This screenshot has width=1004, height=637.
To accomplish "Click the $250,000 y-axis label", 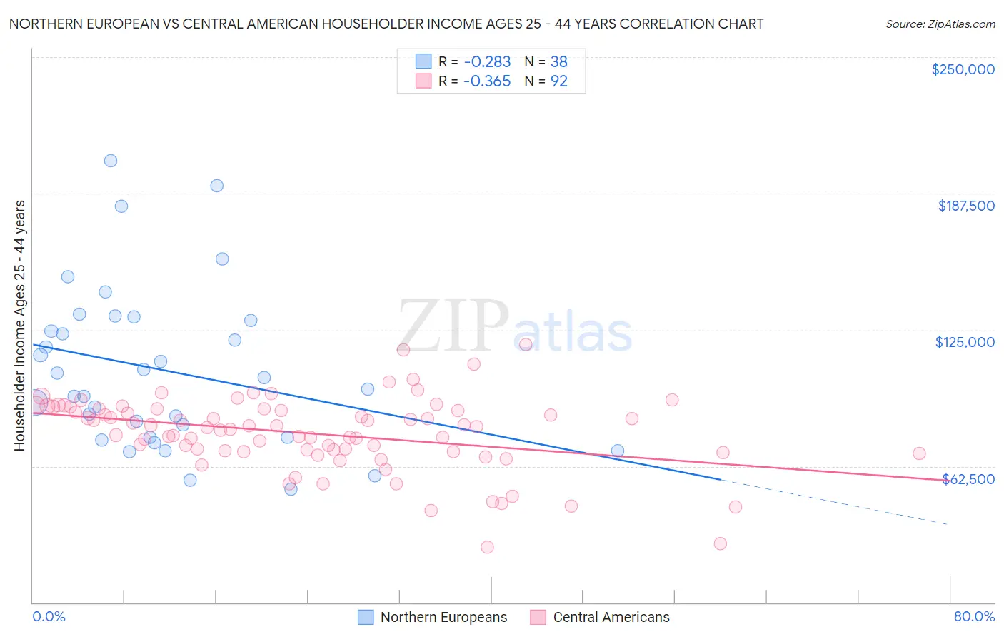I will pos(963,69).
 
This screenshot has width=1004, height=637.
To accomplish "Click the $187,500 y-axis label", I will pos(965,206).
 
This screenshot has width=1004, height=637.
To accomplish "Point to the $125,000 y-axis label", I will pos(965,342).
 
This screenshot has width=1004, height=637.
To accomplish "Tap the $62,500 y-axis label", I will pos(968,479).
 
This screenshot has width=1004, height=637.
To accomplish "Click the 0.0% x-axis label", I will pos(49,616).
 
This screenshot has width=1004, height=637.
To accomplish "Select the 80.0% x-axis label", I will pos(974,616).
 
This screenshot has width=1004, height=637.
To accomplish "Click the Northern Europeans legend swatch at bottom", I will pos(366,617).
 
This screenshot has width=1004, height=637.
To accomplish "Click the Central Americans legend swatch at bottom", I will pos(538,617).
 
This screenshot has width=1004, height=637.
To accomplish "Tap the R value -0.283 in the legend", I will pos(487,62).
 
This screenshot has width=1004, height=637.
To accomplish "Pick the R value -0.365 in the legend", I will pos(487,81).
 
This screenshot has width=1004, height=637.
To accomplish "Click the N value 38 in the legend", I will pos(558,62).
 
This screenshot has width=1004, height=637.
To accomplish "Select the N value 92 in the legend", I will pos(558,81).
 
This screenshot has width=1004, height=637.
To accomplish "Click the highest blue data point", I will pos(111,161).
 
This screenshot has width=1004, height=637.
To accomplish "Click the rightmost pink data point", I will pos(919,453).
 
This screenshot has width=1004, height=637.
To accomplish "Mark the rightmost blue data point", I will pos(618,451).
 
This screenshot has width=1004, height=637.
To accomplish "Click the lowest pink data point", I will pos(487,547).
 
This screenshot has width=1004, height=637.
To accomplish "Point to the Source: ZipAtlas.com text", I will pos(940,24).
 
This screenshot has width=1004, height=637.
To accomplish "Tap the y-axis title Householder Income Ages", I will pos(20,325).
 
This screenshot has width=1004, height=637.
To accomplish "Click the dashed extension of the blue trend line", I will pos(835,502).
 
